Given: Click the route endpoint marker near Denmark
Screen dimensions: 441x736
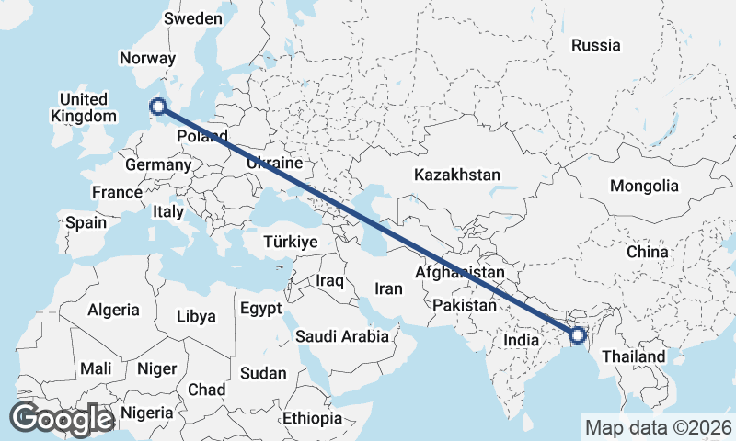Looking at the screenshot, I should click(158, 107).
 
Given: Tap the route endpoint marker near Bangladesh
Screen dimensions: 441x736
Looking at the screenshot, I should click(578, 335).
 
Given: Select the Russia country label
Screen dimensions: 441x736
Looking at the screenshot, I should click(595, 45).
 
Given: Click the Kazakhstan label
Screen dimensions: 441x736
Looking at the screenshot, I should click(457, 175).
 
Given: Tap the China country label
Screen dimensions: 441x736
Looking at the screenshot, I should click(648, 252).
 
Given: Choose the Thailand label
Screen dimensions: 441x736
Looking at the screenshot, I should click(634, 356).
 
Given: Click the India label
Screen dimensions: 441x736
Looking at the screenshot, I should click(521, 340).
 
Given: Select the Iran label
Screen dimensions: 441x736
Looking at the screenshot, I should click(388, 288).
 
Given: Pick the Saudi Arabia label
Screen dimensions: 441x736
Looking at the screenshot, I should click(342, 337).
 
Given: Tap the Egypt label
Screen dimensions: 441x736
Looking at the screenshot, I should click(260, 309).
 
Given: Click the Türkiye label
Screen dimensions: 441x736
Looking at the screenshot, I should click(290, 242).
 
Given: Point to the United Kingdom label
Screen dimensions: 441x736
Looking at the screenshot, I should click(84, 107).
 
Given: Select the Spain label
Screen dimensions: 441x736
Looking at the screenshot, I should click(86, 222).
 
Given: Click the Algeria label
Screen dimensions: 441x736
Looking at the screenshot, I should click(114, 311).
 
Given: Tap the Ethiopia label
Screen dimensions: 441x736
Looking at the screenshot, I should click(313, 419).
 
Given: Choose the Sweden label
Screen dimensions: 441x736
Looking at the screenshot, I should click(192, 19).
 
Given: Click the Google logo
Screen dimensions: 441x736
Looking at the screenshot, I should click(62, 419).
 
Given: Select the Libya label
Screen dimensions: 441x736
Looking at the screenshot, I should click(196, 316).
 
